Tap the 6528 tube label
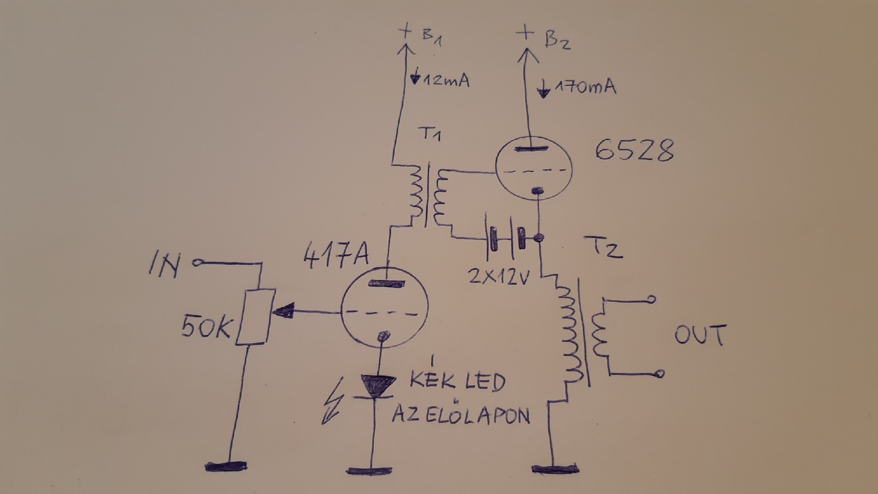click(x=634, y=150)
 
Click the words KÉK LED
click(x=457, y=381)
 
